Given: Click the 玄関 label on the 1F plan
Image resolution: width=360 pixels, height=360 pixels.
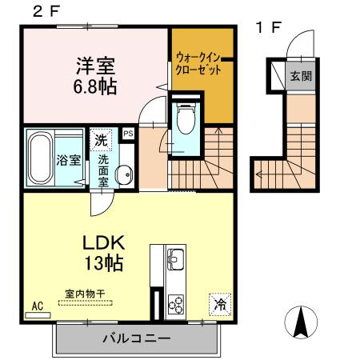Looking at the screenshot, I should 300,76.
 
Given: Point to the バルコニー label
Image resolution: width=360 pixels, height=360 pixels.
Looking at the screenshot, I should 135,338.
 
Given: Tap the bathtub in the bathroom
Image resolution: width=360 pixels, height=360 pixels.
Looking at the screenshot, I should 41,158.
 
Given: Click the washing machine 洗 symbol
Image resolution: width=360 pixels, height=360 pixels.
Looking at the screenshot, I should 101,139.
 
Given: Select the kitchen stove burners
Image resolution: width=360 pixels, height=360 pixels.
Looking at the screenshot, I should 175,305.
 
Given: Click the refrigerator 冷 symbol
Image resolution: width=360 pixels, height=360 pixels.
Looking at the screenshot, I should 220,304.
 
